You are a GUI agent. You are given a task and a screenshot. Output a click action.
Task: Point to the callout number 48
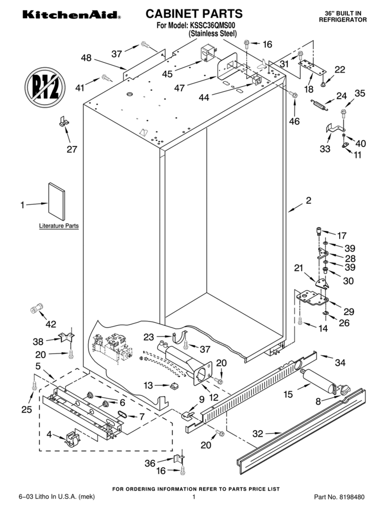pos(86,58)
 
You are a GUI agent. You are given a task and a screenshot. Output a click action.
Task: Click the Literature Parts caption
pos(59,225)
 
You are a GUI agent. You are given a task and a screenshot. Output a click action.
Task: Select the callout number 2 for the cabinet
pos(309,201)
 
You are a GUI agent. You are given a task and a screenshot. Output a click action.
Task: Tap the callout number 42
pos(51,324)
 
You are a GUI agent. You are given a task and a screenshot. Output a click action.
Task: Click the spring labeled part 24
pos(320,105)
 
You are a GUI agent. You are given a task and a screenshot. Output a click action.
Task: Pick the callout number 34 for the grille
pos(340,363)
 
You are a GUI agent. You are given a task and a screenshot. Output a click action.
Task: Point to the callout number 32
pos(257,434)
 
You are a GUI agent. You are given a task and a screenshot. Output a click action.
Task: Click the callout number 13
pos(149,385)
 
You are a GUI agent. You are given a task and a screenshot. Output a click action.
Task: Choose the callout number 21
pos(299,269)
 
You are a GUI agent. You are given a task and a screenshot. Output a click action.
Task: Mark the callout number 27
pos(71,149)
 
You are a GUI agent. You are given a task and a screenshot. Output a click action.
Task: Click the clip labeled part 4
pos(71,439)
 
